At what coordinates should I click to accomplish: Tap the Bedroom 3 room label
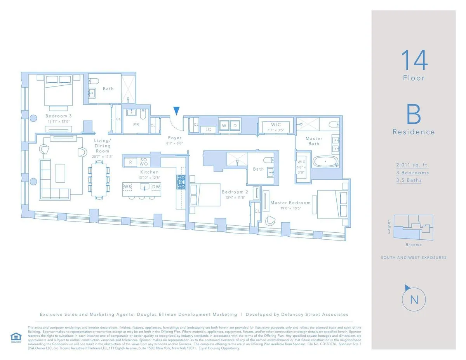tap(58, 116)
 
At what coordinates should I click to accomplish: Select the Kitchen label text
tap(150, 172)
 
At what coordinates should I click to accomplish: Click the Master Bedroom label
tap(290, 202)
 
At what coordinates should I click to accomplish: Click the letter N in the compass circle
tap(414, 300)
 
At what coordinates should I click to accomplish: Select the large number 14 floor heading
tap(414, 60)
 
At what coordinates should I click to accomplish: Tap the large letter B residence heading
tap(414, 114)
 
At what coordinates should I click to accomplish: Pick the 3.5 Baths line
tap(409, 180)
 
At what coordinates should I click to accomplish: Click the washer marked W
tap(224, 125)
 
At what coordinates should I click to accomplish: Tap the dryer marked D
tap(235, 125)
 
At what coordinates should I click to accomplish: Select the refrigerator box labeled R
tap(130, 162)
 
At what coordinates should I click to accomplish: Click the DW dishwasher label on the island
tap(155, 187)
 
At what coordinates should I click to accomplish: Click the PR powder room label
tap(136, 125)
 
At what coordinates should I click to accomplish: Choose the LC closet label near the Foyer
tap(208, 129)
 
